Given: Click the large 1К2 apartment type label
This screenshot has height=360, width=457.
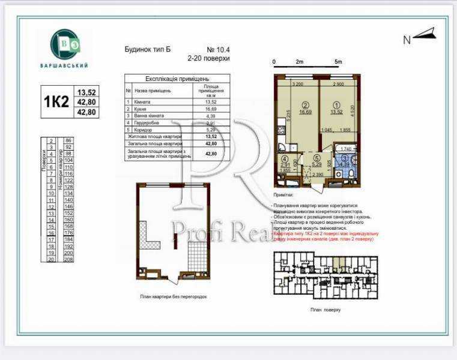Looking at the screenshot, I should click(56, 101).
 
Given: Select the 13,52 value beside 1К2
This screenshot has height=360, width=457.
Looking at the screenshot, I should click(86, 92).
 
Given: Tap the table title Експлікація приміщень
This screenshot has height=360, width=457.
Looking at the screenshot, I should click(177, 79).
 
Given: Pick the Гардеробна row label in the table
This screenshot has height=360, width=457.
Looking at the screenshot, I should click(147, 122).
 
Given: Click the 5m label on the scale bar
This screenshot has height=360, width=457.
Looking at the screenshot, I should click(338, 62).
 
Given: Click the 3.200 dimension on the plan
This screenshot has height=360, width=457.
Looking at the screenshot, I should click(297, 85).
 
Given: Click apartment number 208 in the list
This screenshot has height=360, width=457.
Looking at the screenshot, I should click(68, 259).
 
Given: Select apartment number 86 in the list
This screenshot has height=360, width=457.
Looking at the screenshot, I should click(68, 140).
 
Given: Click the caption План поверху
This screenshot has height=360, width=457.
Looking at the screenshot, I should click(325, 310).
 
